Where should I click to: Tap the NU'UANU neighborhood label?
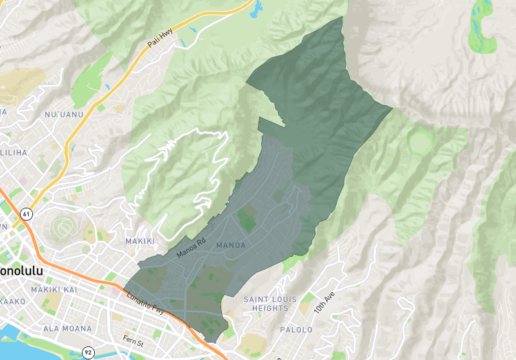coord(61,115)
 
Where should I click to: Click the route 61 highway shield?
coord(26,214)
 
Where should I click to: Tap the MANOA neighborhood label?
coord(231,246)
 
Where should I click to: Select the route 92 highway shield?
coord(88,352)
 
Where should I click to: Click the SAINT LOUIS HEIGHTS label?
coord(266,304)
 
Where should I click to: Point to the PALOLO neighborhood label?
coord(296,330)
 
